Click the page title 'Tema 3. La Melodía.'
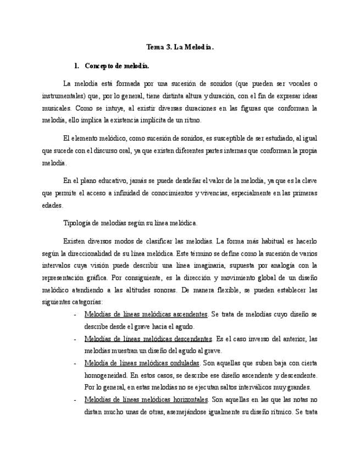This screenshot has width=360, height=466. pos(180,48)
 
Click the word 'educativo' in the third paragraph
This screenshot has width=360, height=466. pos(121,181)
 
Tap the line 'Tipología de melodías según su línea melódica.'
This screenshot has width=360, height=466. pos(131,223)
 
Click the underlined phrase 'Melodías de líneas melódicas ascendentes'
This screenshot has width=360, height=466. pos(146,315)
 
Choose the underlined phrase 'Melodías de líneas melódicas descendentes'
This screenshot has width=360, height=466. pos(148,339)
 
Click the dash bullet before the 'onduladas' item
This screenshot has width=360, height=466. pos(75,363)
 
